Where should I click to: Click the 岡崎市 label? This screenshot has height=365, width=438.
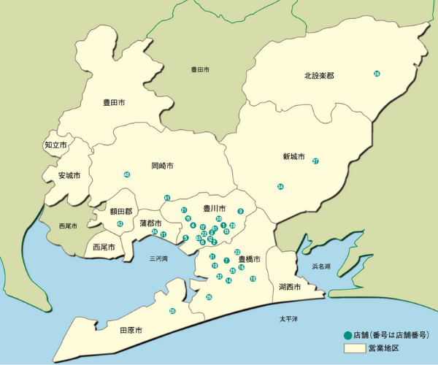163,166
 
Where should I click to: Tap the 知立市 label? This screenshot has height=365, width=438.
55,145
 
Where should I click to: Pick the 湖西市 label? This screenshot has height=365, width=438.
290,287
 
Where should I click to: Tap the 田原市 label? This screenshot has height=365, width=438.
131,331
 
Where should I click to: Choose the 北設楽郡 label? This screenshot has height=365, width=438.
319,76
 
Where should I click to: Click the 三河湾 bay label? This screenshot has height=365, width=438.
158,258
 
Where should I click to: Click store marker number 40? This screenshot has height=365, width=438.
127,174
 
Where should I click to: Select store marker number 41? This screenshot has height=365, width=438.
167,198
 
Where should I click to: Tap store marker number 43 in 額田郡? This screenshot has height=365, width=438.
120,223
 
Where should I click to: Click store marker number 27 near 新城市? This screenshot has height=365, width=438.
315,161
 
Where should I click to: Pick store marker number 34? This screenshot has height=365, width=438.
280,188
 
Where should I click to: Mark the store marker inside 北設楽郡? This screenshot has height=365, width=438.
377,74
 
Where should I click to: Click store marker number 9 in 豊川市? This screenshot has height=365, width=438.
240,212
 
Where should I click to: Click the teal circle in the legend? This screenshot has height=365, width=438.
347,335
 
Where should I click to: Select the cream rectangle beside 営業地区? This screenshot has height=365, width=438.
355,349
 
